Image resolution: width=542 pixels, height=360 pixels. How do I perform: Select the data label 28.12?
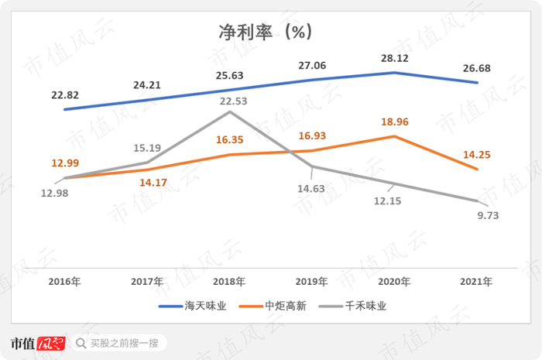(x=395, y=58)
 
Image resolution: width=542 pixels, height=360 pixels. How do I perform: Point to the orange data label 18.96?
(x=395, y=122)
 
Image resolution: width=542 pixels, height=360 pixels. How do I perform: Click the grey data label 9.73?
(x=489, y=216)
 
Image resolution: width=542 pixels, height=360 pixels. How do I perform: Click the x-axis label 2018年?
(x=230, y=282)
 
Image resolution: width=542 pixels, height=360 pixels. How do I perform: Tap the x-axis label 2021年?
(x=478, y=282)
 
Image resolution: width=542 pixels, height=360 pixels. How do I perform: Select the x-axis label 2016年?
(x=65, y=282)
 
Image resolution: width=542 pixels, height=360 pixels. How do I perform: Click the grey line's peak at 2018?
(x=230, y=111)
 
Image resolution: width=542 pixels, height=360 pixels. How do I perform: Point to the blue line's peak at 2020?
(x=395, y=73)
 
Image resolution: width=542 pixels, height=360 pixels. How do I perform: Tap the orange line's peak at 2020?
(x=395, y=136)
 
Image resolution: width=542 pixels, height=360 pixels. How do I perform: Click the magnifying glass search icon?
(x=81, y=343)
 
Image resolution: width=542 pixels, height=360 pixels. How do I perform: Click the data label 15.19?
(x=147, y=147)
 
